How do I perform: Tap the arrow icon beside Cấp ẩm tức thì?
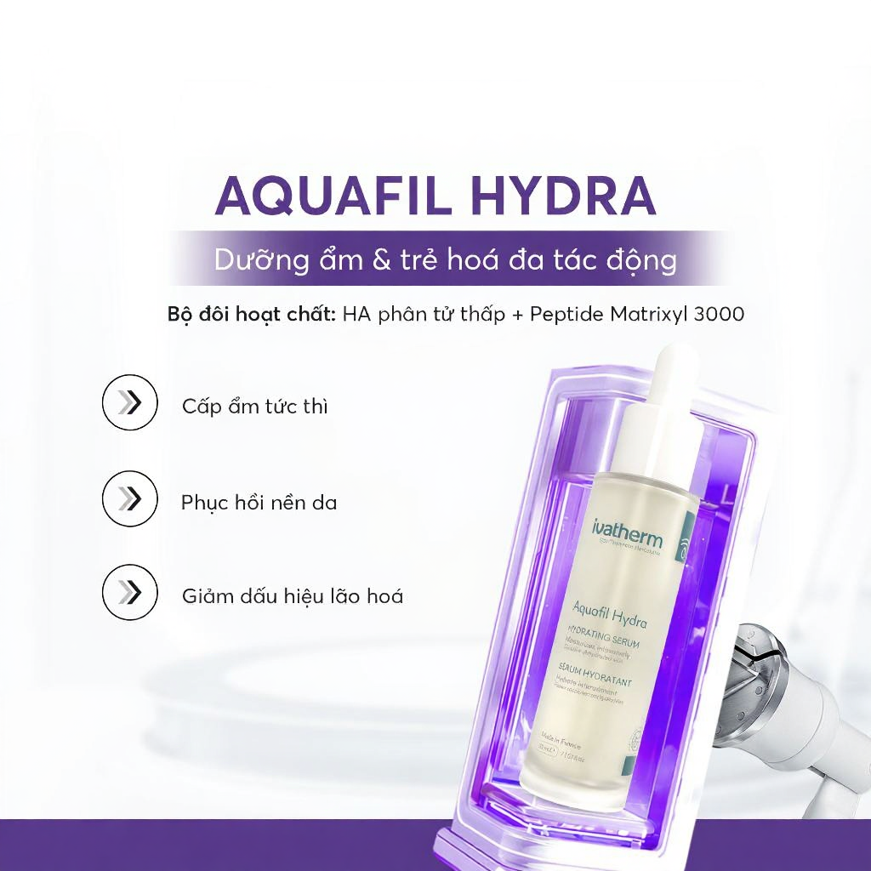(x=129, y=403)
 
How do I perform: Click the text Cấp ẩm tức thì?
(x=254, y=406)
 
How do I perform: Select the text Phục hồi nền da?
(x=259, y=502)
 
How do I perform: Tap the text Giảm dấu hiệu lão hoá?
(x=292, y=595)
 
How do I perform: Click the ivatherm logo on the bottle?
(x=628, y=538)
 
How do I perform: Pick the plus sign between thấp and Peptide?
(x=515, y=314)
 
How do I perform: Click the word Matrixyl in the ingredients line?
(x=640, y=314)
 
